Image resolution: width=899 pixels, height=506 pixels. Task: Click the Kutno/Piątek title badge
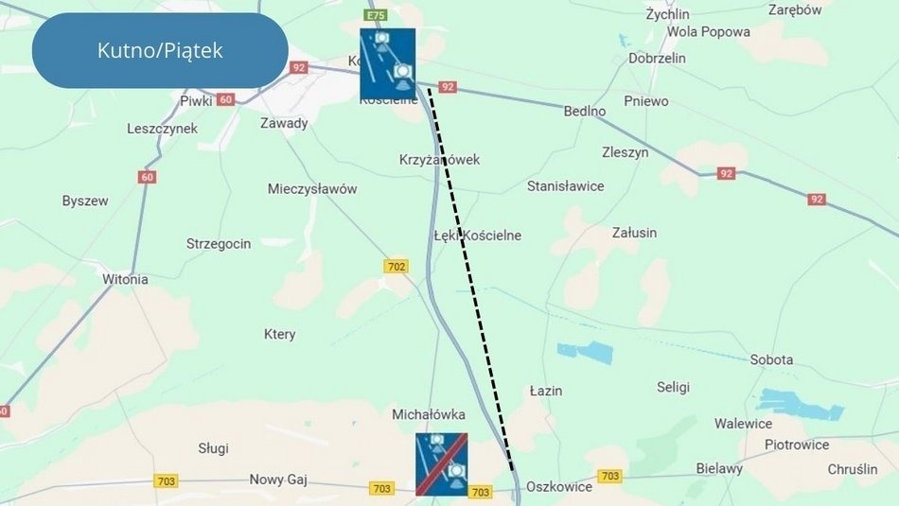[x=160, y=50]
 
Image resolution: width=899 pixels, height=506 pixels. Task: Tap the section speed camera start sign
[x=387, y=64]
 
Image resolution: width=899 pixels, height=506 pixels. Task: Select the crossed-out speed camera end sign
[x=442, y=464]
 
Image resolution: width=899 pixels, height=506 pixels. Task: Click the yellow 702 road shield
[x=397, y=267]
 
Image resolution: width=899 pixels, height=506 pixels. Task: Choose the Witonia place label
[x=125, y=279]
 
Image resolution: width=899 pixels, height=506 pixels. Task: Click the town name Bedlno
[x=585, y=111]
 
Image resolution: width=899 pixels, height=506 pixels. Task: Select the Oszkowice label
[x=558, y=487]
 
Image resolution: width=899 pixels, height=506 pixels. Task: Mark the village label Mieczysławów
[x=312, y=189]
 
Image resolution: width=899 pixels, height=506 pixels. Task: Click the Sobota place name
[x=771, y=360]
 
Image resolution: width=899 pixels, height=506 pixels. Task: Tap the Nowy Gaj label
[x=279, y=480]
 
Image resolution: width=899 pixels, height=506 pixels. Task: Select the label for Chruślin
[x=853, y=469]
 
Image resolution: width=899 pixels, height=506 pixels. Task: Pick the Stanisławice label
[x=565, y=186]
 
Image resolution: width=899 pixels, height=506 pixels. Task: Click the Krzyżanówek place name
[x=439, y=160]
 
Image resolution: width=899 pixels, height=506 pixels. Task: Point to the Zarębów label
[x=796, y=10]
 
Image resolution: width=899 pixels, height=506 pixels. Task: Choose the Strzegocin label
[x=219, y=244]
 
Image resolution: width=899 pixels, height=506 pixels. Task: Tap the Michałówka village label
[x=429, y=414]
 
